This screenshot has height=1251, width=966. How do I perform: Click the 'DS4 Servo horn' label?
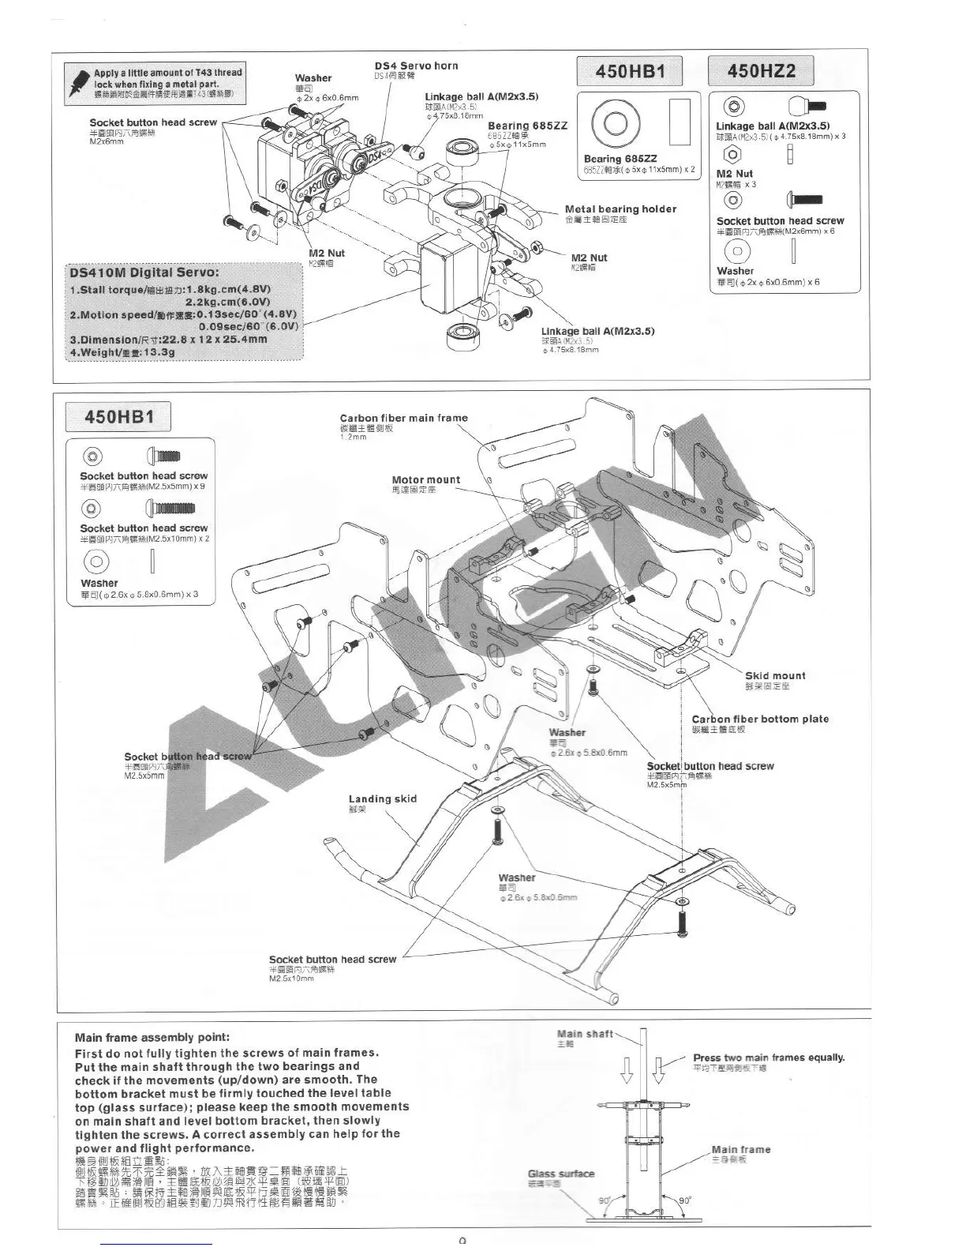coord(415,66)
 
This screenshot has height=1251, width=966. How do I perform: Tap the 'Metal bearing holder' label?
coord(620,209)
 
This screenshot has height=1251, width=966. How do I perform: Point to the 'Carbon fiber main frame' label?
coord(403,418)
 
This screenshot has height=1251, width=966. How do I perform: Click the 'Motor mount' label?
coord(426,479)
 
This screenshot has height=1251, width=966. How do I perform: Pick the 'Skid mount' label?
coord(775,675)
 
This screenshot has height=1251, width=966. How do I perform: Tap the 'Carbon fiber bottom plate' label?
coord(760,719)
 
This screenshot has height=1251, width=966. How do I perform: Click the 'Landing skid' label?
coord(383,798)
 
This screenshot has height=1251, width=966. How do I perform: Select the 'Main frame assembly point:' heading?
coord(152,1037)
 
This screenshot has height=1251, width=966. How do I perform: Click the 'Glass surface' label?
coord(561,1174)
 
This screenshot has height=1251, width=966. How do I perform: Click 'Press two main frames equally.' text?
coord(769,1058)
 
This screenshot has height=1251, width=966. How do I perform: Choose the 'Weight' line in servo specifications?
coord(122,352)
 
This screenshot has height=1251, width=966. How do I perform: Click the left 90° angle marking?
coord(605,1200)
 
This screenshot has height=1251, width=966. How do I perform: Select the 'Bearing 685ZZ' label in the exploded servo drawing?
coord(527,126)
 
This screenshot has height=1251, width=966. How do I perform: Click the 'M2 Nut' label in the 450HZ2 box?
coord(735,174)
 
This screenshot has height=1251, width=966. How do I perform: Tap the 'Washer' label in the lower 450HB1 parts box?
coord(99,584)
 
